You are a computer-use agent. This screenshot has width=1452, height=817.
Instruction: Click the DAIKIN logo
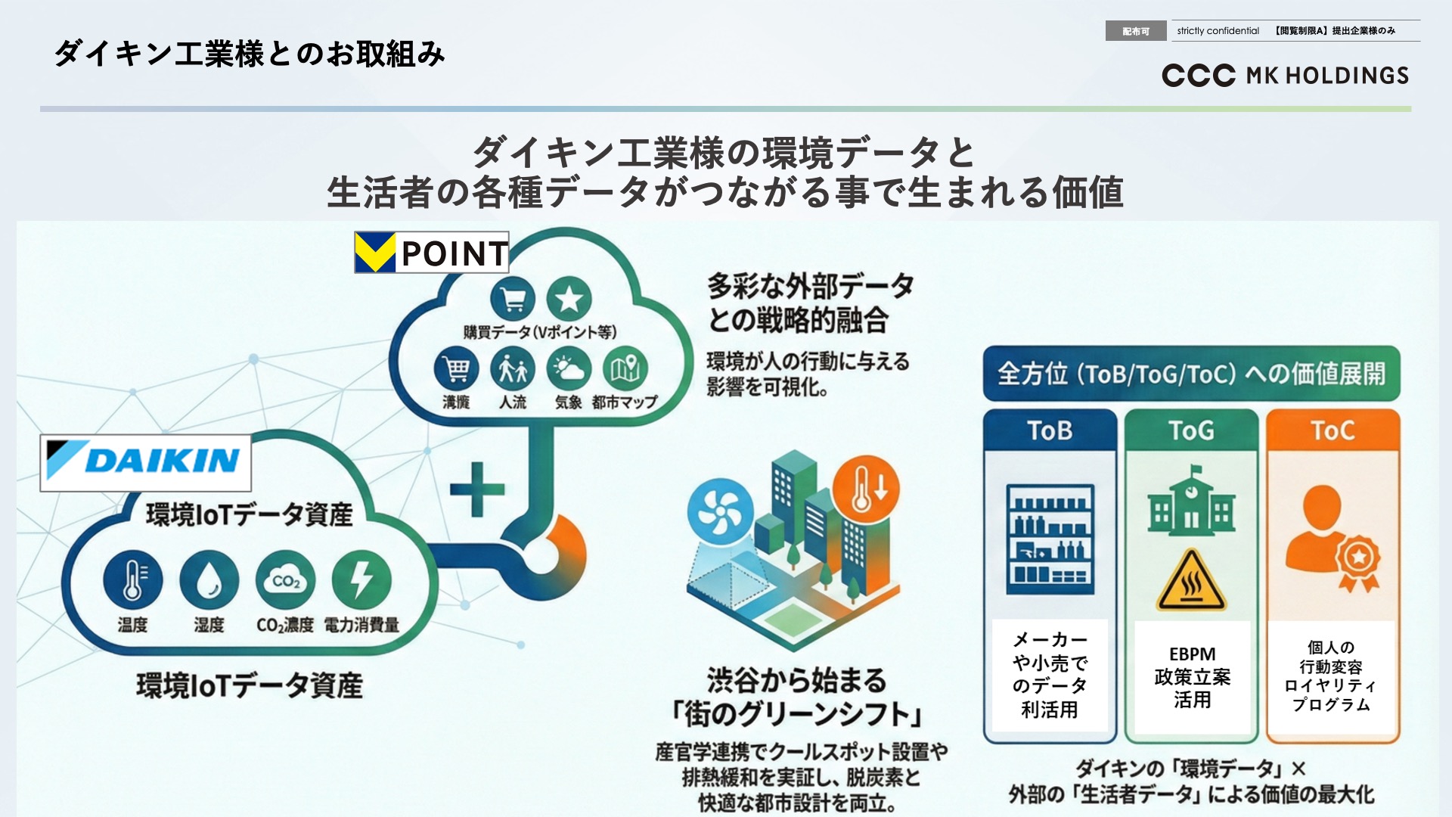[x=145, y=462]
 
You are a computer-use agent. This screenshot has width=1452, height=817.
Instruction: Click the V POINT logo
[x=431, y=253]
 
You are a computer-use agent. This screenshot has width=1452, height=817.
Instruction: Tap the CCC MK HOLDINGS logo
[x=1285, y=76]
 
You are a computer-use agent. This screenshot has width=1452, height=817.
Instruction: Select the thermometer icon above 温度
[x=132, y=579]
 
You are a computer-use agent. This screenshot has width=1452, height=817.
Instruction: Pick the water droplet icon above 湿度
[x=209, y=579]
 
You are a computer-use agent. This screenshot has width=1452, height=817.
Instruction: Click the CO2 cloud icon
[x=285, y=579]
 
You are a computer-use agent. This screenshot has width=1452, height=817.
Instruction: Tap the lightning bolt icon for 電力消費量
[x=361, y=579]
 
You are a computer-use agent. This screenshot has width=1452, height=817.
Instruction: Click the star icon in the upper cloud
[x=569, y=299]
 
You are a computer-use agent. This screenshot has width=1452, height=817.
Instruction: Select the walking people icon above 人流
[x=513, y=369]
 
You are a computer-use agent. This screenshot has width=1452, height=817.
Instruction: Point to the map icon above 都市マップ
[x=625, y=369]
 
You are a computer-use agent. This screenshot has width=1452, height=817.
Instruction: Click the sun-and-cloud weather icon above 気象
[x=569, y=369]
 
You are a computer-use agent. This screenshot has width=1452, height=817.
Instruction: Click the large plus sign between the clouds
[x=477, y=489]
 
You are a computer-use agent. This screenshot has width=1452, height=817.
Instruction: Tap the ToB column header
[x=1050, y=430]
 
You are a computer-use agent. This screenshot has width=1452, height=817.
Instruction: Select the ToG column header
[x=1191, y=430]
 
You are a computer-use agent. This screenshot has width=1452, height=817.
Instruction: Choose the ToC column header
[x=1333, y=430]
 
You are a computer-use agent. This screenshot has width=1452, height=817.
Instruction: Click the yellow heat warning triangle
[x=1191, y=582]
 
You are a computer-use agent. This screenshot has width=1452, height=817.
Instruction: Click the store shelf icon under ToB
[x=1050, y=539]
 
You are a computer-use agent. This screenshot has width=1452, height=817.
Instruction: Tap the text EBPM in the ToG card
[x=1192, y=654]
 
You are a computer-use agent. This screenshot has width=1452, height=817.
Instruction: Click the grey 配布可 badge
[x=1135, y=31]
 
